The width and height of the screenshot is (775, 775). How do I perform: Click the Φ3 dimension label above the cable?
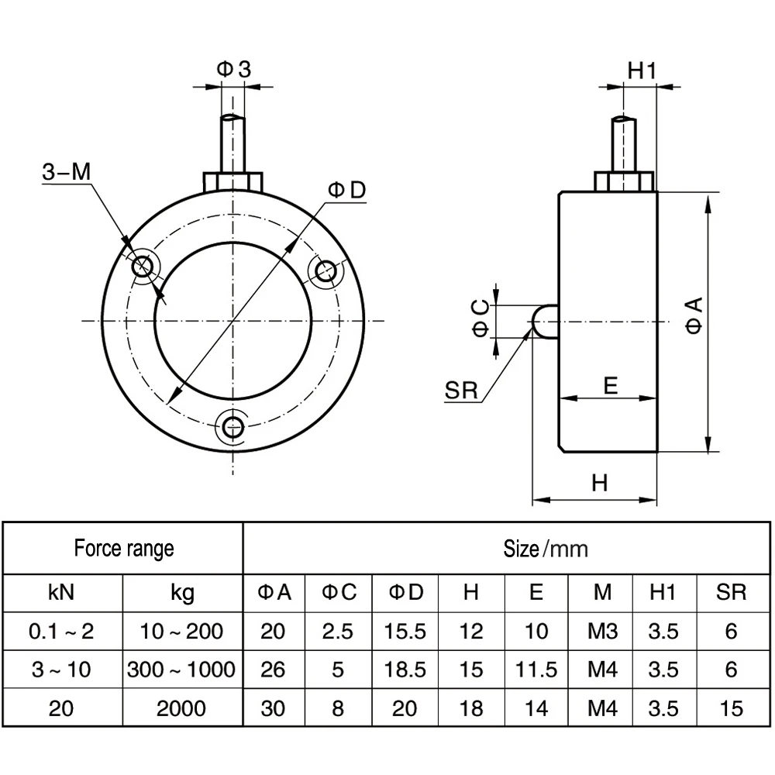coord(234,69)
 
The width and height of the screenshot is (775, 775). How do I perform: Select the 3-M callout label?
coord(67,172)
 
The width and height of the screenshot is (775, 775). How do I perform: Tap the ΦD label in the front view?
coord(347,190)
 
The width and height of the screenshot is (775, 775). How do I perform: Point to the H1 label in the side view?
coord(642,71)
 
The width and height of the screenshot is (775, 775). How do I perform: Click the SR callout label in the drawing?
coord(461,391)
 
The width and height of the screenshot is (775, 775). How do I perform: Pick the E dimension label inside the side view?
coord(611,385)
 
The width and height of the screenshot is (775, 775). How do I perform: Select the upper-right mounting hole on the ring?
coord(325,270)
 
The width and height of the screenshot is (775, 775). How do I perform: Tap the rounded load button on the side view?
coord(545,322)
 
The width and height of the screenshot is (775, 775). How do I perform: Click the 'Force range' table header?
coord(124,549)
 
